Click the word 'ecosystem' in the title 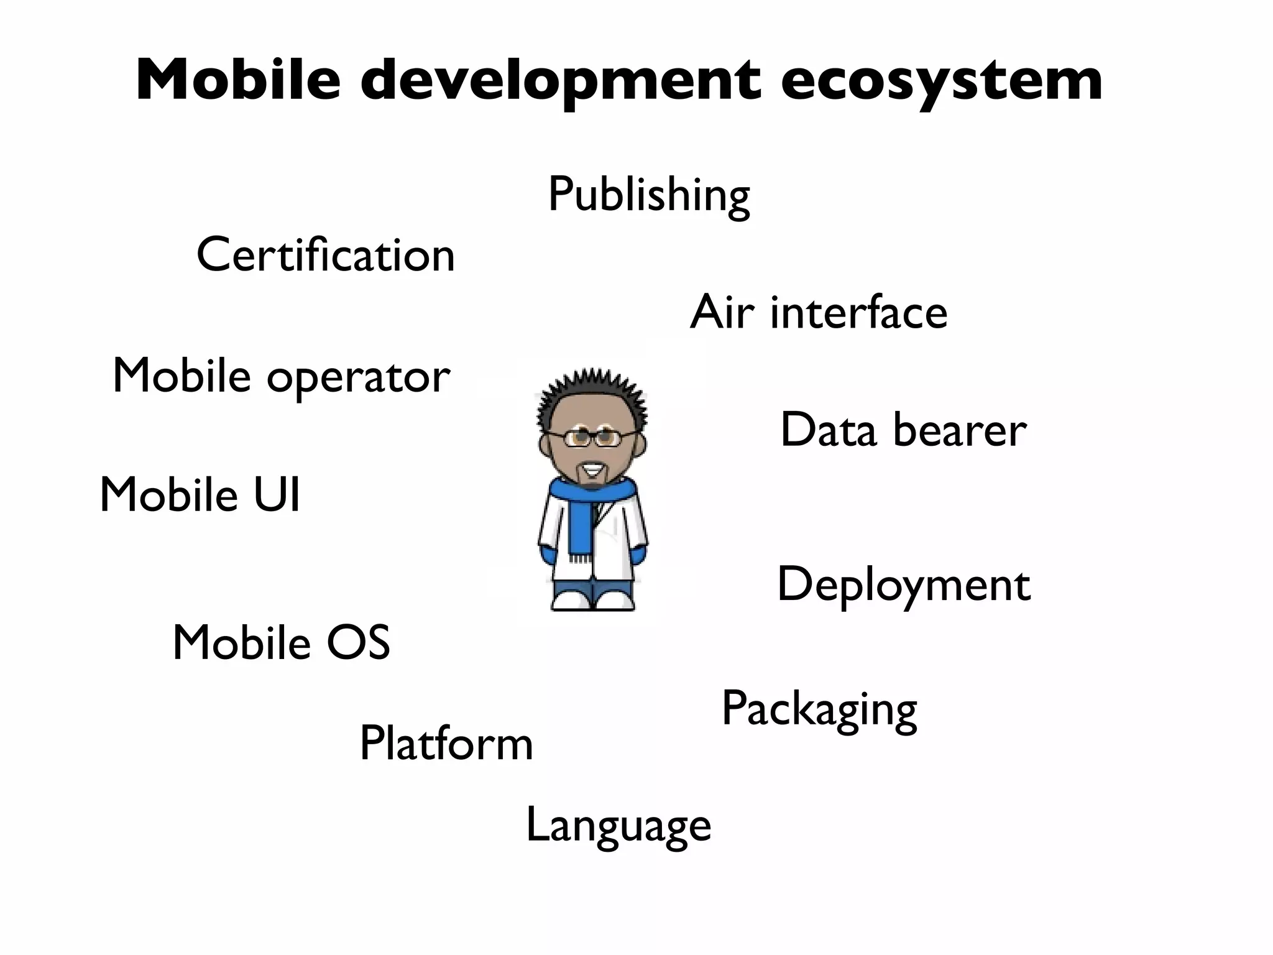[941, 81]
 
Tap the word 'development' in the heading [560, 81]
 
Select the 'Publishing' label [648, 195]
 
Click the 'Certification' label [326, 255]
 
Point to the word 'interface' [858, 312]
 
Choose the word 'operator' [359, 377]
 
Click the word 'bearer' [960, 430]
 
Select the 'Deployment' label [903, 585]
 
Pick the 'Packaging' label [819, 709]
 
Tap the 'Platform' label [446, 743]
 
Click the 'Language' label [618, 826]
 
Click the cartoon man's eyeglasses [592, 437]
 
